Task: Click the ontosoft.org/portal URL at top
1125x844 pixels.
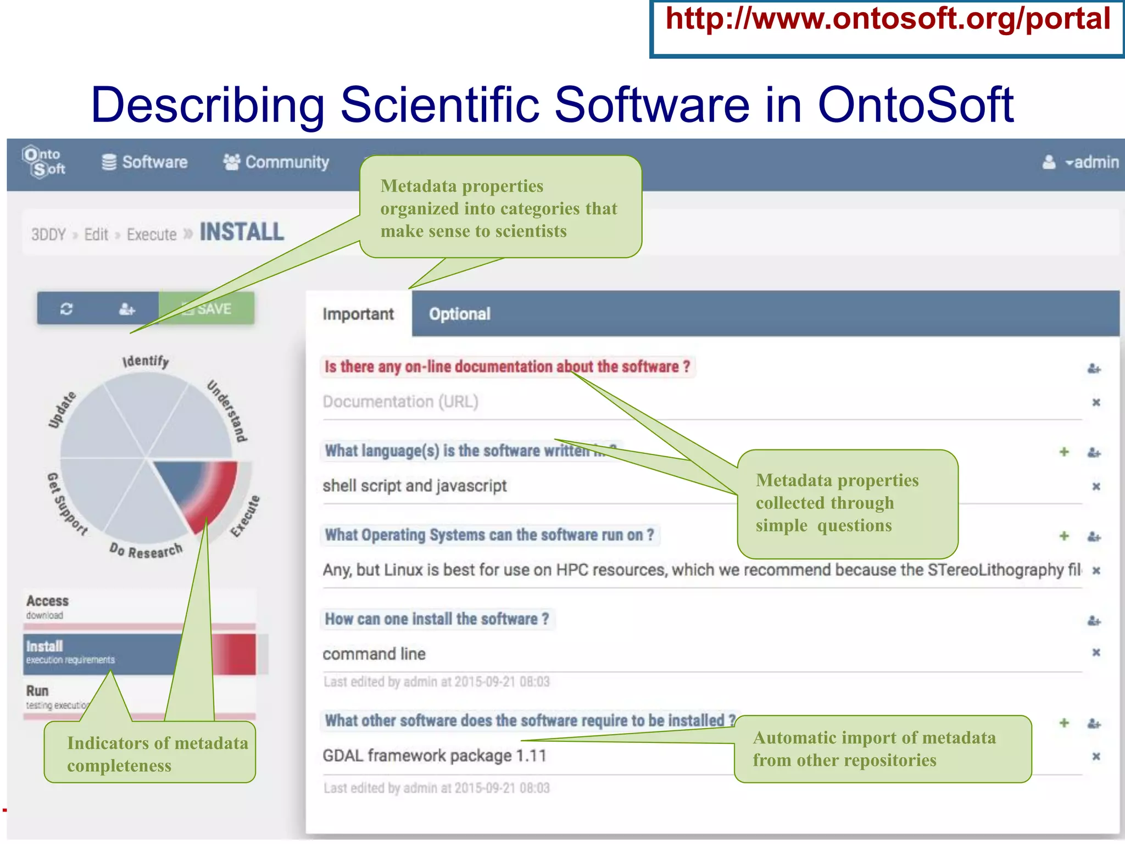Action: (887, 20)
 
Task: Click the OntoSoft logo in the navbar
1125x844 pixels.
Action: (44, 162)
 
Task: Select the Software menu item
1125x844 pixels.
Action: (144, 162)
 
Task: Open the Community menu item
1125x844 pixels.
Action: (276, 162)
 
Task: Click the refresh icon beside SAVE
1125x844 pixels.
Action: (66, 309)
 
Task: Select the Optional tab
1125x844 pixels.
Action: (459, 314)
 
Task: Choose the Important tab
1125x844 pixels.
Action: (358, 314)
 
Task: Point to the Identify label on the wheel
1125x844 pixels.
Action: (146, 361)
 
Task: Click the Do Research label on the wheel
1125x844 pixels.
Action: (146, 549)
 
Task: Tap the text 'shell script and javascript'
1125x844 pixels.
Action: (415, 486)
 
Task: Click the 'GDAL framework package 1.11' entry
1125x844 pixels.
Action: (434, 756)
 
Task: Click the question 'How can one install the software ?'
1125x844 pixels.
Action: (437, 619)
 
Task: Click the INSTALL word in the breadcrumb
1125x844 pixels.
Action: (242, 232)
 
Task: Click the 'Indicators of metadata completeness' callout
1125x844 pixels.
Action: (149, 754)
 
